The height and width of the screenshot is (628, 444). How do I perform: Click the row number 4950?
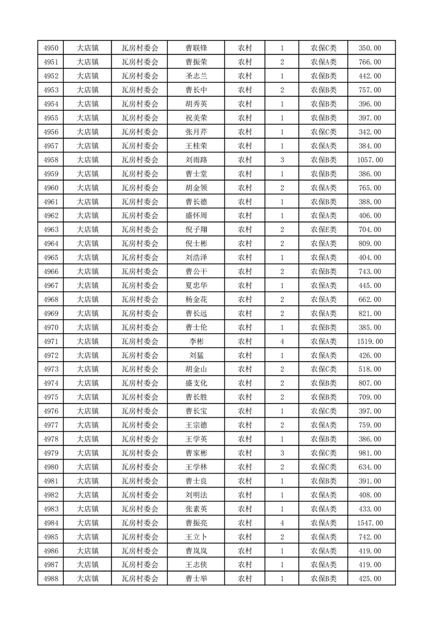pos(50,48)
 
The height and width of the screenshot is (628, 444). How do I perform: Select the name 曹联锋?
pos(196,48)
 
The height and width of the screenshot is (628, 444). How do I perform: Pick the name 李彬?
pos(196,341)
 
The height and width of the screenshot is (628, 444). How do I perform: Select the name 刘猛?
pos(196,355)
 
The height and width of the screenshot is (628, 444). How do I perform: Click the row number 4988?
pos(50,579)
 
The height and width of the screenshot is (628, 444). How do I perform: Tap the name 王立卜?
pos(196,537)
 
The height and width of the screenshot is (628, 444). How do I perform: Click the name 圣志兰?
pos(196,76)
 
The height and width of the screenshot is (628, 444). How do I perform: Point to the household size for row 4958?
pos(282,160)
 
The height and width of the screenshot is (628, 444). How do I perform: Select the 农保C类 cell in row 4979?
pos(324,453)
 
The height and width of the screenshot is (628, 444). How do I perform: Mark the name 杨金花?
pos(196,299)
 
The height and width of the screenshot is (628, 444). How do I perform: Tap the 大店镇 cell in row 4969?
pos(87,313)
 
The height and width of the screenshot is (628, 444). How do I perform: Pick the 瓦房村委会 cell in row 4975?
pos(140,397)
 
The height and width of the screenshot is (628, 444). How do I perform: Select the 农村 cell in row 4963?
pos(245,229)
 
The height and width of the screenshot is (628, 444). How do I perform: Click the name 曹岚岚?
pos(196,551)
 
